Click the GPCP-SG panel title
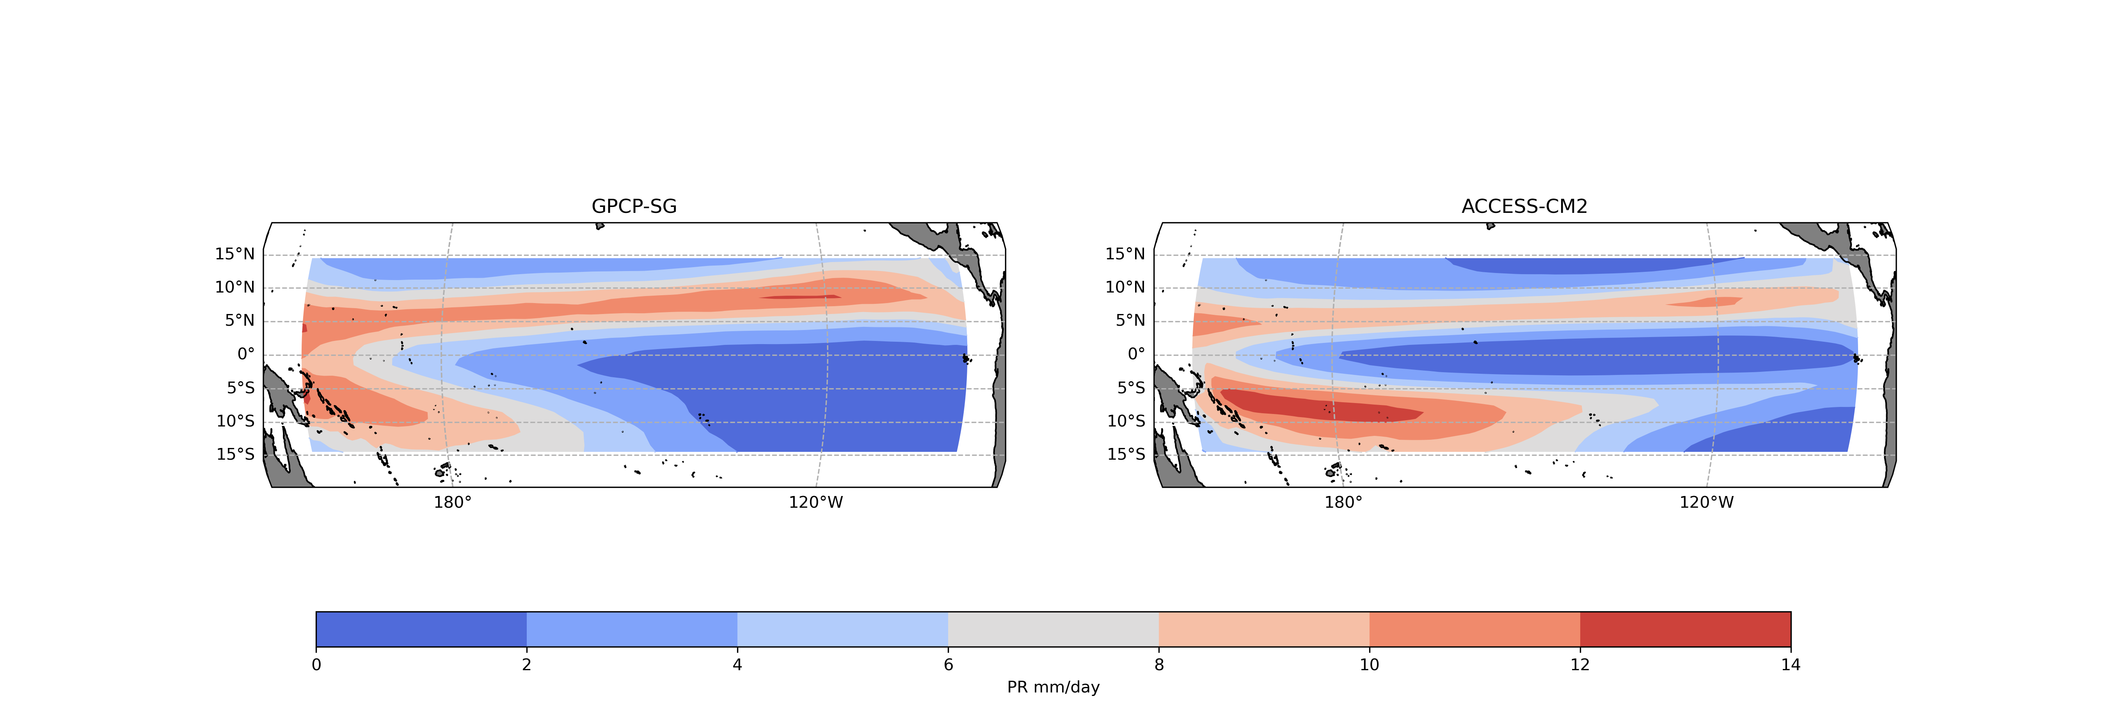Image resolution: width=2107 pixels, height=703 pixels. [x=634, y=206]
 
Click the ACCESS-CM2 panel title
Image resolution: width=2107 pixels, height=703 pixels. [x=1524, y=206]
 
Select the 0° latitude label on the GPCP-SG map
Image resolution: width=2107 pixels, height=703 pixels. [x=245, y=354]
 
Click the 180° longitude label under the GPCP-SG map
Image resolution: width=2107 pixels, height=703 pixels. [x=452, y=503]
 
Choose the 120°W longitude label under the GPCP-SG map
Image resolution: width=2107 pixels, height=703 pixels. [x=815, y=503]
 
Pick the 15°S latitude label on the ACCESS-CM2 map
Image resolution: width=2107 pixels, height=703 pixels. [x=1125, y=454]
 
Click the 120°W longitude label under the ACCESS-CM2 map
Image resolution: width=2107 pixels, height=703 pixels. [x=1706, y=503]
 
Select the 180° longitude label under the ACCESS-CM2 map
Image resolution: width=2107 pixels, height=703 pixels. [x=1343, y=503]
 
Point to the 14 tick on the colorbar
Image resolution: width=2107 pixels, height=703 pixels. [x=1791, y=665]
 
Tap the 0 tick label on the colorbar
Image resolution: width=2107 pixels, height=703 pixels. [x=316, y=665]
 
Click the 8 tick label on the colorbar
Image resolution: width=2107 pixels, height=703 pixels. [x=1159, y=665]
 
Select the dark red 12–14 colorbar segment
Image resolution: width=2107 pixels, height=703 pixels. [x=1685, y=628]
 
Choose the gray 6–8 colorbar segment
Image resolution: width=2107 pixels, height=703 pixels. [x=1053, y=628]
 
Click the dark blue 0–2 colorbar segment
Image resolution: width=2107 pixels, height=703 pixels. [x=421, y=628]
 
